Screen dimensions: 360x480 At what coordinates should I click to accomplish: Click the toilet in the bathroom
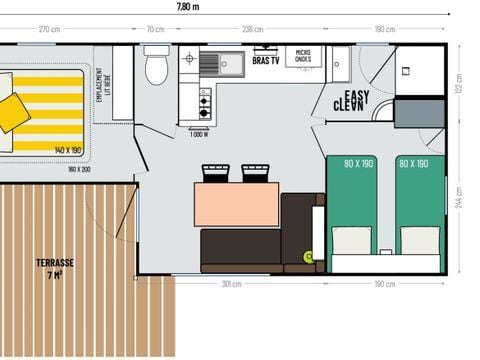[x=156, y=68]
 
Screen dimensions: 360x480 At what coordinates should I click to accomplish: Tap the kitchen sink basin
[x=209, y=64]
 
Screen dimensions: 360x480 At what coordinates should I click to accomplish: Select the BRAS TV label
[x=265, y=61]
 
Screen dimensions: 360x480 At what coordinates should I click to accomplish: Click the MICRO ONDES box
[x=303, y=56]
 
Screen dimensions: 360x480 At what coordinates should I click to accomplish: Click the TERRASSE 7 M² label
[x=56, y=267]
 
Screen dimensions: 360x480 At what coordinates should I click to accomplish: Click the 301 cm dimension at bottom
[x=230, y=285]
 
